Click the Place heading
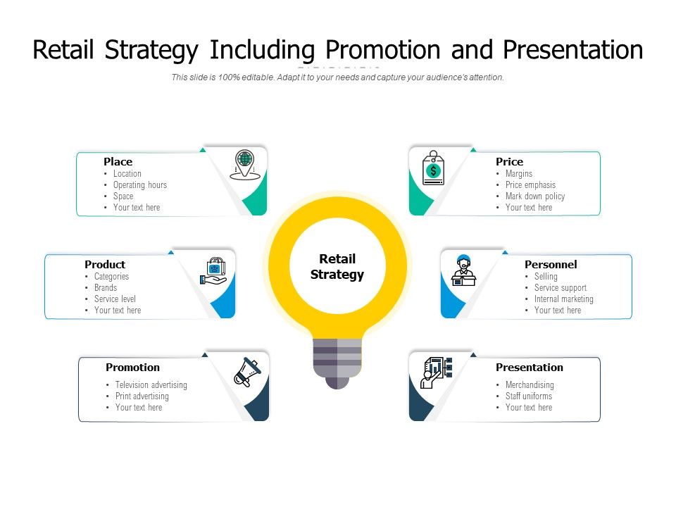[118, 162]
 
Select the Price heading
[509, 162]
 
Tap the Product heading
[105, 265]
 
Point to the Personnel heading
[551, 265]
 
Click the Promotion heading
[132, 368]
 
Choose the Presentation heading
[529, 368]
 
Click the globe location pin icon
[244, 164]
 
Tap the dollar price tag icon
[433, 169]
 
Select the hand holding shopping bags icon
[213, 271]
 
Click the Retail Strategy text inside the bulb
[337, 267]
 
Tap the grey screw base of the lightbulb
[337, 360]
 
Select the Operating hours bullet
[139, 185]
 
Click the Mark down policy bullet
[534, 196]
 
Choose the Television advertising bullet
[151, 385]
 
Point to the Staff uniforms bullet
[529, 396]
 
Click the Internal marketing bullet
[563, 299]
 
